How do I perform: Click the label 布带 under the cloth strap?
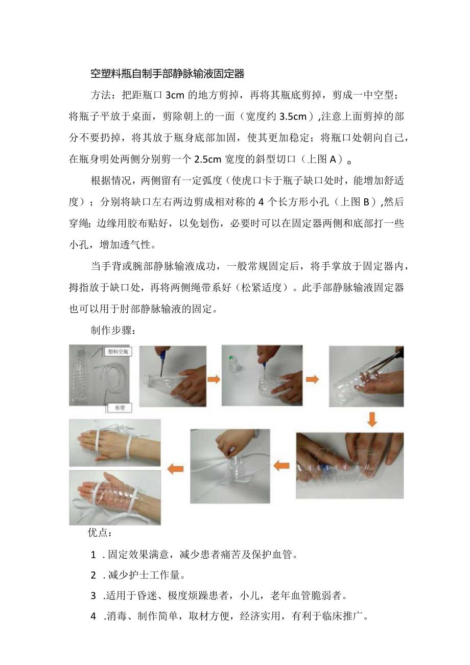tap(119, 407)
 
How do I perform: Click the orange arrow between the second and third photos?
tap(214, 379)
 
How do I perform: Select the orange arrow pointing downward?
tap(373, 419)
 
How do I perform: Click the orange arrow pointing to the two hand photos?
tap(175, 469)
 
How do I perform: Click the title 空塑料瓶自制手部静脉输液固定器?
tap(168, 74)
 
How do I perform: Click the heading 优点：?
tap(99, 533)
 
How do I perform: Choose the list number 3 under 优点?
tap(93, 595)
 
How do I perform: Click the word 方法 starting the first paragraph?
tap(101, 96)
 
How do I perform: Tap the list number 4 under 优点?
tap(93, 616)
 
